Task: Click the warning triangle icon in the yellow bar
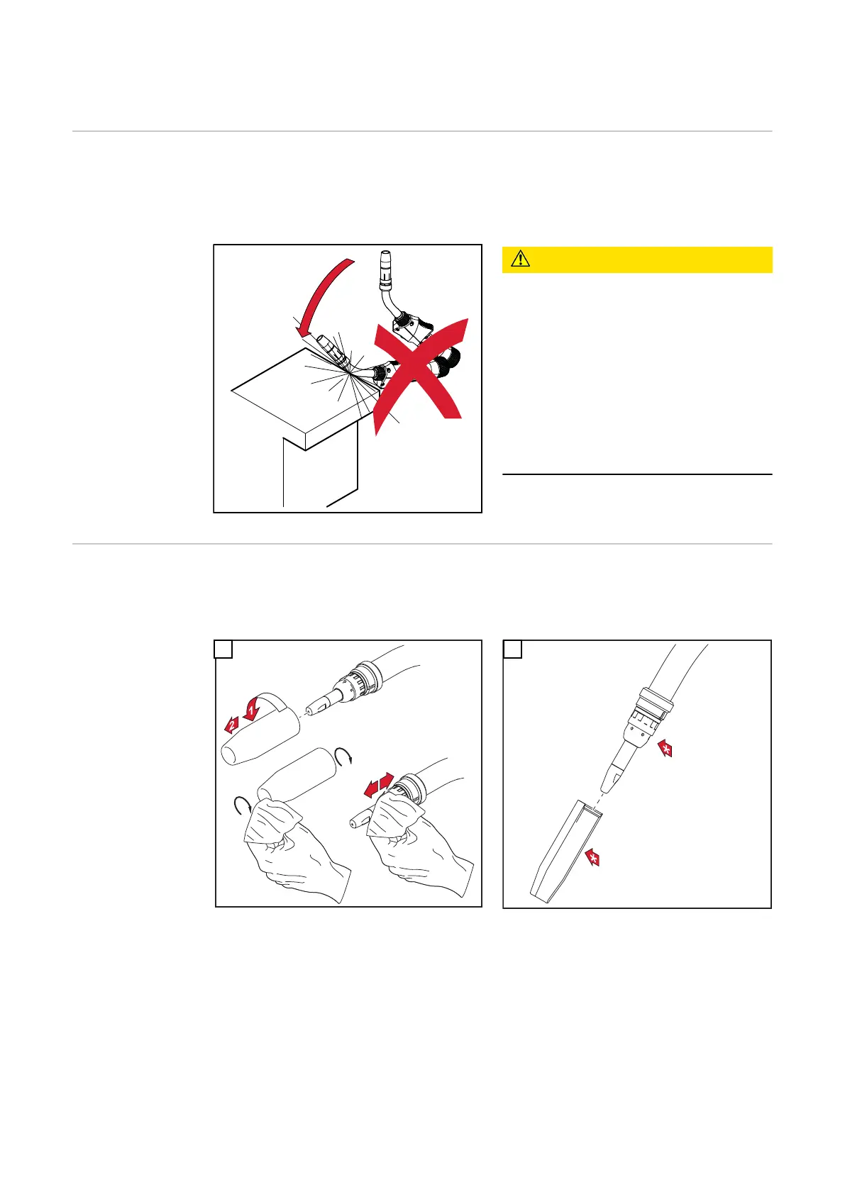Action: (x=520, y=259)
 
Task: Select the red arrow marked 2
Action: (x=231, y=725)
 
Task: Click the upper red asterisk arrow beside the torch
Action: (x=665, y=749)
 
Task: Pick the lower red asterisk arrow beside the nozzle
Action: (x=592, y=858)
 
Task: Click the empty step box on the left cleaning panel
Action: (x=223, y=649)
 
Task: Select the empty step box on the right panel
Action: (x=513, y=649)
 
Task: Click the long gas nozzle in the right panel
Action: (x=567, y=852)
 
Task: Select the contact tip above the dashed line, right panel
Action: (x=612, y=779)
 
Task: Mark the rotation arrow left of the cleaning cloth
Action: (x=243, y=805)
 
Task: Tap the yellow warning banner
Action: (x=637, y=260)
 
